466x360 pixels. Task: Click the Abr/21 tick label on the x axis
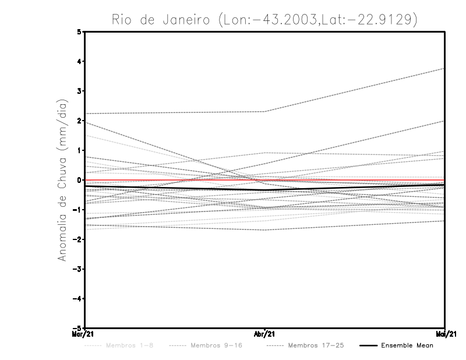tap(265, 334)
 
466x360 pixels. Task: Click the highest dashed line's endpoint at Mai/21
tap(444, 69)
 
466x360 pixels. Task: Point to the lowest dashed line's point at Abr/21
tap(265, 230)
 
